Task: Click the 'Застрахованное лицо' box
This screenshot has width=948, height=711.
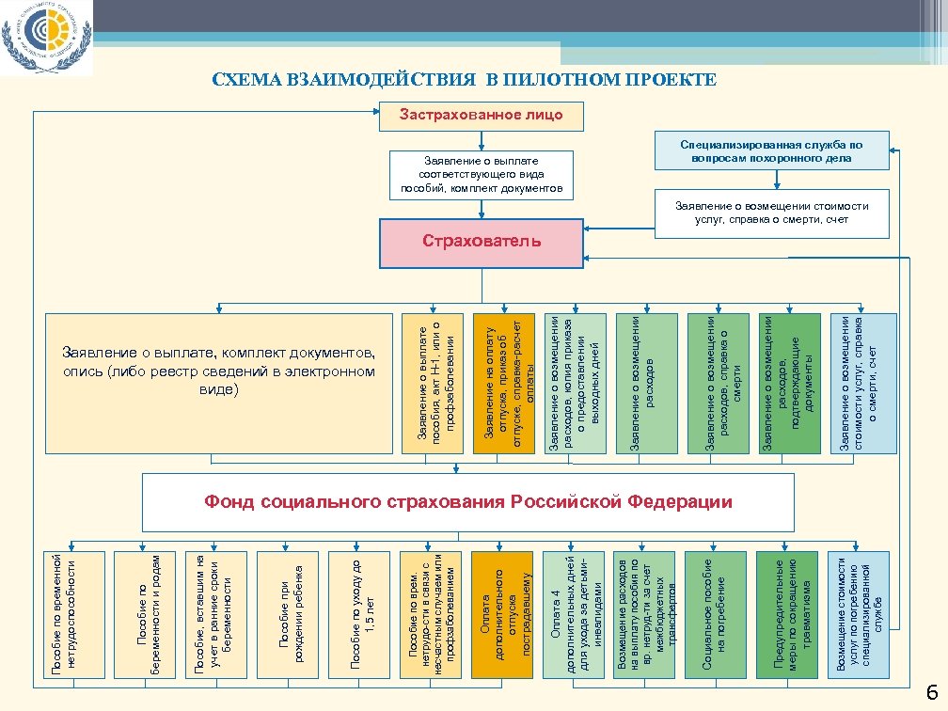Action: click(x=481, y=116)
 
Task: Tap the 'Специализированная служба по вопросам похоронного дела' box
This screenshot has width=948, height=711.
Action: click(x=771, y=151)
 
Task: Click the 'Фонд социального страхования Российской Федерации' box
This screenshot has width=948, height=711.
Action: click(x=468, y=502)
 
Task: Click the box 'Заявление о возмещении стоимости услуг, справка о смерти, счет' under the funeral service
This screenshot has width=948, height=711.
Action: click(x=771, y=213)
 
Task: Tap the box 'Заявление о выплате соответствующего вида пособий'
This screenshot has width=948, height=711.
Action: click(x=481, y=175)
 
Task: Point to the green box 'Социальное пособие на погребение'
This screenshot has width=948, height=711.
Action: click(x=717, y=615)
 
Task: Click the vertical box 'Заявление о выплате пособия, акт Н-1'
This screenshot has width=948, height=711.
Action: click(x=434, y=383)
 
